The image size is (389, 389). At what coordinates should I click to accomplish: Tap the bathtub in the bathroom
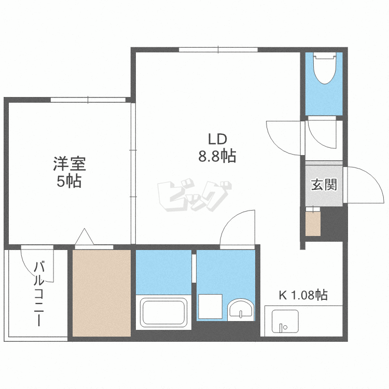coord(163,313)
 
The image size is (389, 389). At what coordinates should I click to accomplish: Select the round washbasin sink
coord(241,310)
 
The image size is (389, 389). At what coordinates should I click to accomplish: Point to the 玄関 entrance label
coord(324,185)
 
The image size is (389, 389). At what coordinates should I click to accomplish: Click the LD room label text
coord(217,139)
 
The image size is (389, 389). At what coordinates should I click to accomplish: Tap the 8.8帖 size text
coord(217,156)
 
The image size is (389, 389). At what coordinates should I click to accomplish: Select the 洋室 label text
coord(69,164)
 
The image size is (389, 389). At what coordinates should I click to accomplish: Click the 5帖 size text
coord(69,182)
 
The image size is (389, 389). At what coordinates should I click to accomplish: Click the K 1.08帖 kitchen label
coord(303,296)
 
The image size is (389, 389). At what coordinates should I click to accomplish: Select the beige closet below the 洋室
coord(102,293)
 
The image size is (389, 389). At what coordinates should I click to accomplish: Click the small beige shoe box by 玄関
coord(313,223)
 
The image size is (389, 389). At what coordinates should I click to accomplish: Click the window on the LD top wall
coord(218,50)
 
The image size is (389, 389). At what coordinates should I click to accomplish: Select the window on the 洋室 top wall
coord(88,100)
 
